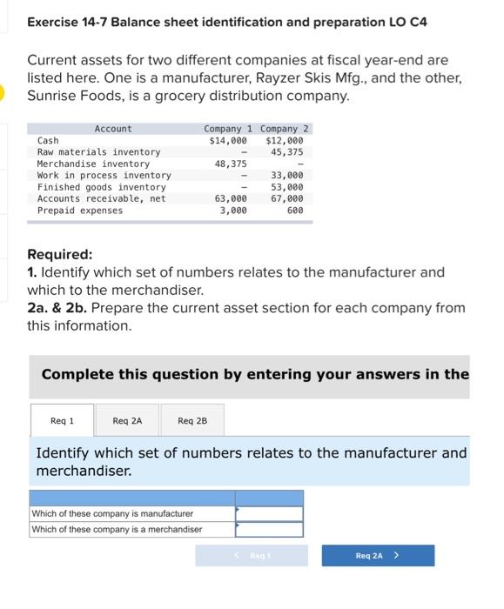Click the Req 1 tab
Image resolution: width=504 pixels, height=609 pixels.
click(62, 421)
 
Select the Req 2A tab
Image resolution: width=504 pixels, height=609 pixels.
click(127, 421)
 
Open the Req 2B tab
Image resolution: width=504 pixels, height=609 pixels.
click(192, 421)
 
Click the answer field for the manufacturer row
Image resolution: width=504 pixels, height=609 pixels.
click(269, 514)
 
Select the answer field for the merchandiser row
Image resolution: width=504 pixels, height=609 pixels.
click(269, 529)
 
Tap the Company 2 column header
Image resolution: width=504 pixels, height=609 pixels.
click(284, 129)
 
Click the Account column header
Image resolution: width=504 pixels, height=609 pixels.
click(113, 129)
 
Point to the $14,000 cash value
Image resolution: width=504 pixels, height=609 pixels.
click(228, 141)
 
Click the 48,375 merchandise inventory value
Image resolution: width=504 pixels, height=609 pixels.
click(231, 164)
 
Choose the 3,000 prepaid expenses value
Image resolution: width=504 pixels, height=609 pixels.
click(232, 211)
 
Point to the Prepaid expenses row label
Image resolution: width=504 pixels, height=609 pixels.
click(80, 211)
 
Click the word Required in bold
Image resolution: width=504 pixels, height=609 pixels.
click(59, 255)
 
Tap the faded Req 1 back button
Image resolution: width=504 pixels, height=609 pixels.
click(252, 555)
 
